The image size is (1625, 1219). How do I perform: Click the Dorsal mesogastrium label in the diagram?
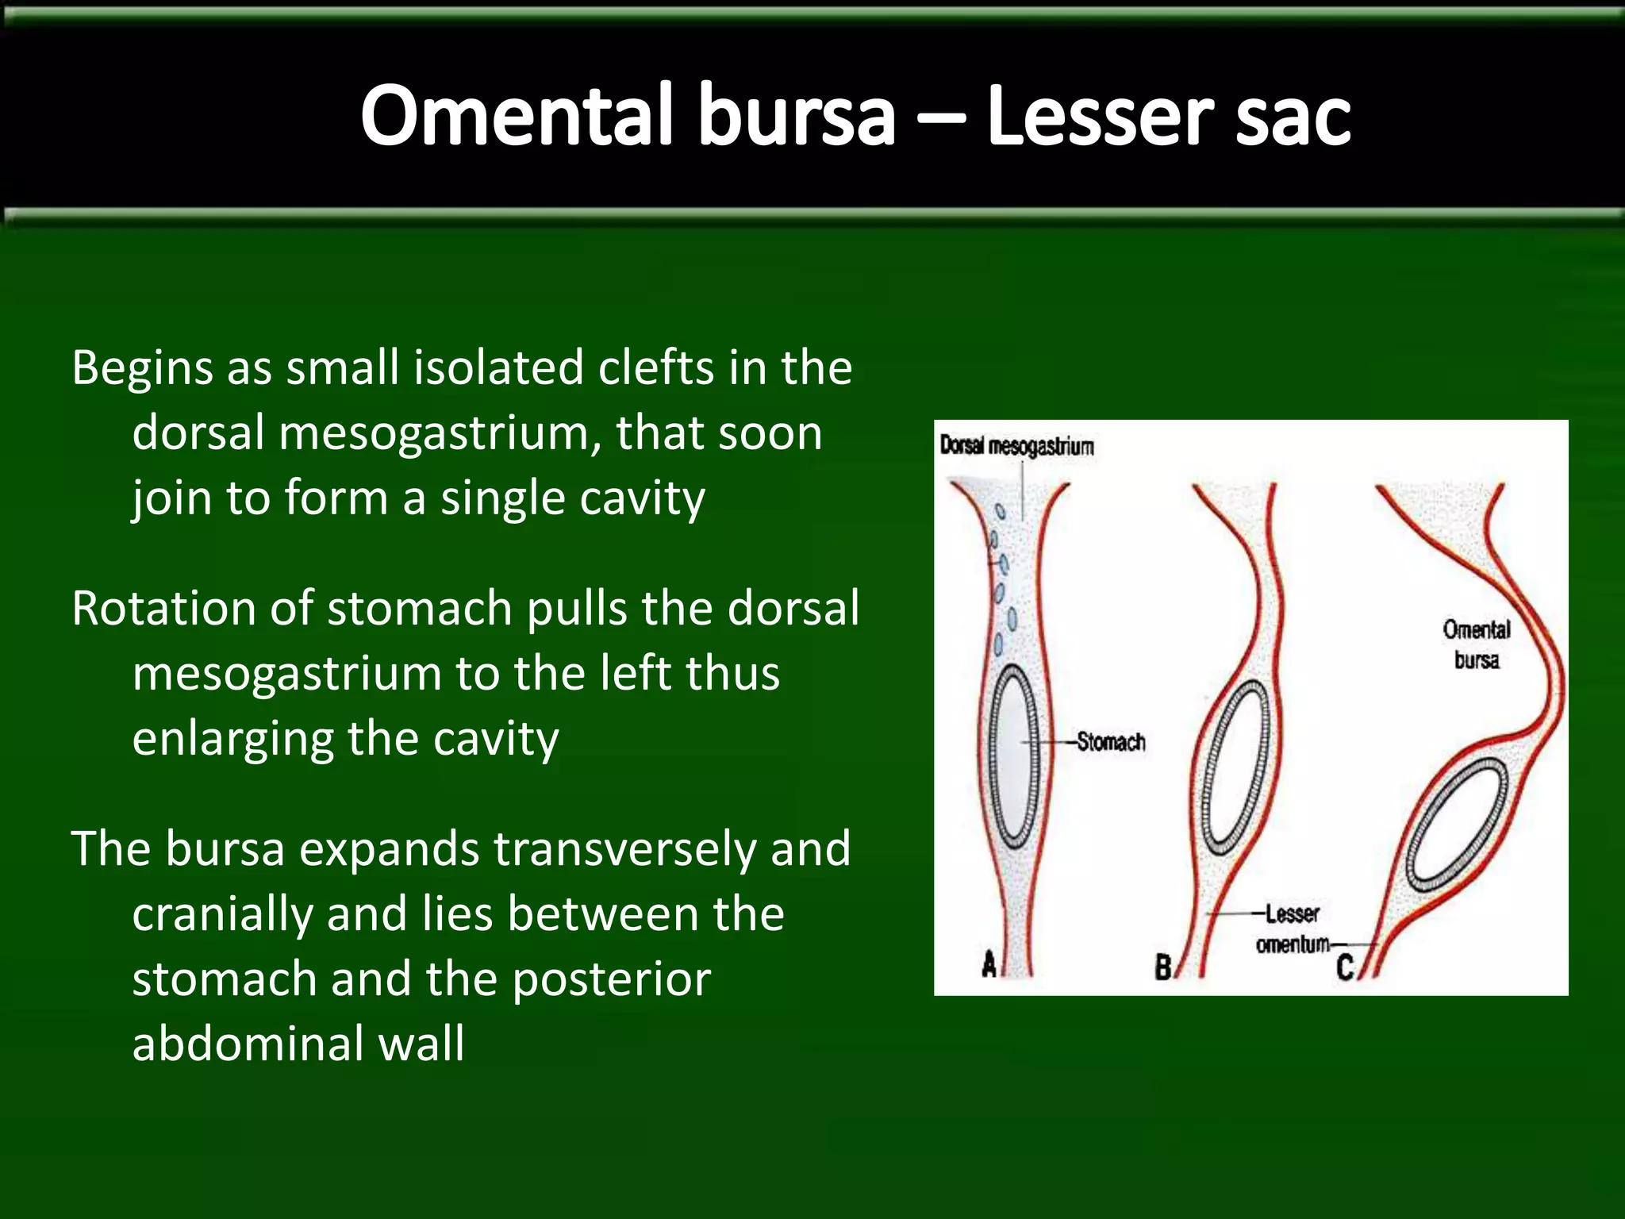pyautogui.click(x=1016, y=446)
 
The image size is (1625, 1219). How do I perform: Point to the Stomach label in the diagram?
pyautogui.click(x=1111, y=742)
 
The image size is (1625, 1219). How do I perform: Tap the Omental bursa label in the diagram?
pyautogui.click(x=1476, y=644)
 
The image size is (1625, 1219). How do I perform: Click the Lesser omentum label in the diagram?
pyautogui.click(x=1292, y=929)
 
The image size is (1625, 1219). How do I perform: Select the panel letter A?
pyautogui.click(x=989, y=964)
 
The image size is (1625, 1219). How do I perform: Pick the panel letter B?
pyautogui.click(x=1162, y=967)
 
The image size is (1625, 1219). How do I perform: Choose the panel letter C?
pyautogui.click(x=1345, y=967)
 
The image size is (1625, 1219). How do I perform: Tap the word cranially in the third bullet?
pyautogui.click(x=222, y=914)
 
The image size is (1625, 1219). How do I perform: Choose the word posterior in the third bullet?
pyautogui.click(x=611, y=979)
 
